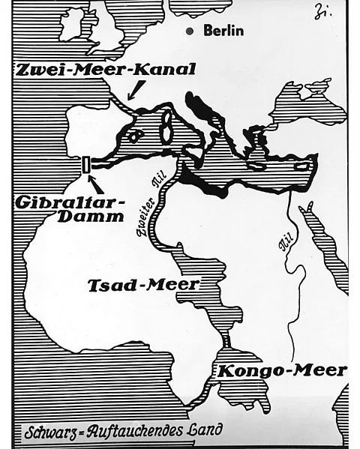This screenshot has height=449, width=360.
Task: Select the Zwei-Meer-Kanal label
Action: click(x=104, y=70)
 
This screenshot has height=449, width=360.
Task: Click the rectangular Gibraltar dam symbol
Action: click(x=88, y=163)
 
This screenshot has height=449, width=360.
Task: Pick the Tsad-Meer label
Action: click(x=143, y=285)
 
